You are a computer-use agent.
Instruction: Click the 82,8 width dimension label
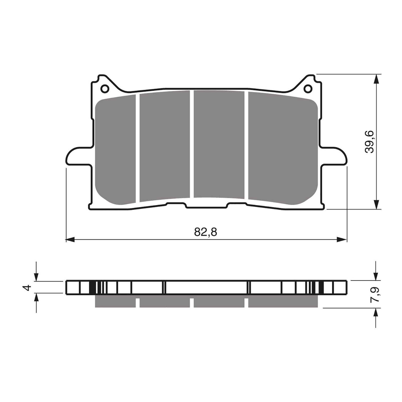tap(205, 232)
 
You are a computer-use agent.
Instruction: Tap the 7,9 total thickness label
tap(376, 295)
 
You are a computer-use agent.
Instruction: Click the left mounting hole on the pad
tap(105, 89)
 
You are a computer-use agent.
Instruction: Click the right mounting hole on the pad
tap(308, 89)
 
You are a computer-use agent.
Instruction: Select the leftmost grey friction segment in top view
tap(116, 151)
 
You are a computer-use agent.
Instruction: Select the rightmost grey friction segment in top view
tap(283, 148)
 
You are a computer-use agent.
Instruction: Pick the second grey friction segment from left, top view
tap(165, 146)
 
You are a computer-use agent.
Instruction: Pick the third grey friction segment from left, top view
tap(219, 144)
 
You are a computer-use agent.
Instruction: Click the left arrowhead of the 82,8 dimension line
tap(70, 239)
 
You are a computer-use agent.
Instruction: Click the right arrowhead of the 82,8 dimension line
tap(342, 239)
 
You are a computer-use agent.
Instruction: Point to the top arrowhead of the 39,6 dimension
tap(376, 79)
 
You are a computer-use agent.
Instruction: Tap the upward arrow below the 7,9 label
tap(376, 313)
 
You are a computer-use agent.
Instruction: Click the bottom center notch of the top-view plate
tap(207, 207)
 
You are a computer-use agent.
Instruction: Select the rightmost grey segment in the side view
tap(283, 301)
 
